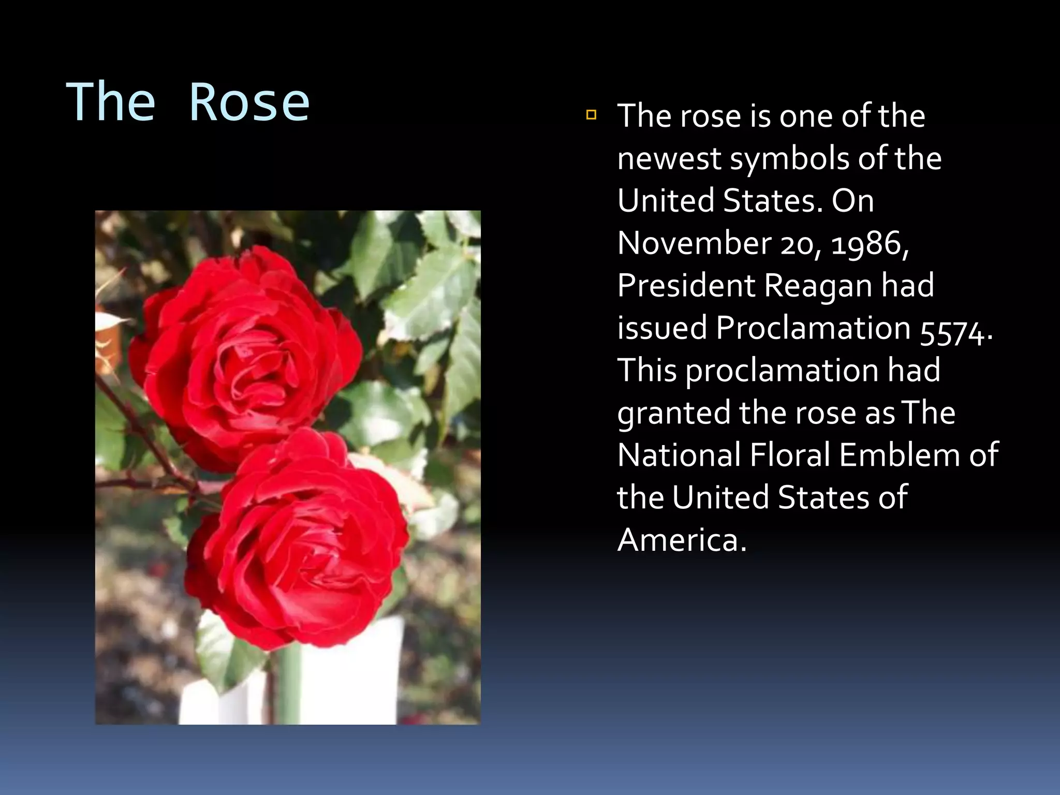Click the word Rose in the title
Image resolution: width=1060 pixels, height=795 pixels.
(x=249, y=102)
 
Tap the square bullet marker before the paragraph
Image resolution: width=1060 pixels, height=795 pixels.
(x=591, y=114)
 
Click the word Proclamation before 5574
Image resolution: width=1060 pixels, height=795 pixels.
(x=813, y=328)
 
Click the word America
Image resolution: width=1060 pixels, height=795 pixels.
(x=681, y=540)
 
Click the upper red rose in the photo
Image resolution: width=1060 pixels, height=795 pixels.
(x=243, y=352)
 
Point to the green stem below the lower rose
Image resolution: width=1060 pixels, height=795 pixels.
(x=290, y=683)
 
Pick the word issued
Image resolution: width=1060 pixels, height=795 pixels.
(x=662, y=328)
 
